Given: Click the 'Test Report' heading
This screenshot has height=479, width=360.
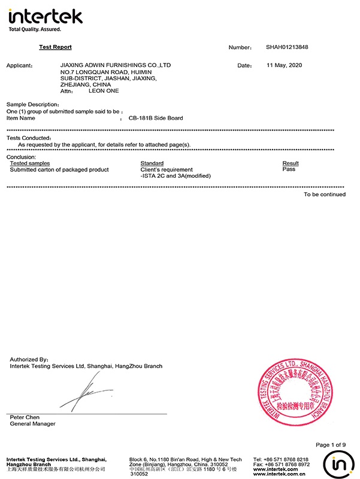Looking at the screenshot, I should (55, 47).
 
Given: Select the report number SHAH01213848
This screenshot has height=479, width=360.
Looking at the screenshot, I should (287, 47).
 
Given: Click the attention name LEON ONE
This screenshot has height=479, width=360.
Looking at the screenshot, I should (104, 91).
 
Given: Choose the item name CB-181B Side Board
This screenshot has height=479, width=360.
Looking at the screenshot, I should (156, 118).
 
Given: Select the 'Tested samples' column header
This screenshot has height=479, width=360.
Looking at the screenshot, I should (30, 163).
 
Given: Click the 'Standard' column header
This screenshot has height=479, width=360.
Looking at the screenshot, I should (152, 163).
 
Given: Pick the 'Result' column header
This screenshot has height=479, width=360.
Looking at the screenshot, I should (291, 163).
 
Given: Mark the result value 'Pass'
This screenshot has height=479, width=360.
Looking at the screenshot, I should (289, 169).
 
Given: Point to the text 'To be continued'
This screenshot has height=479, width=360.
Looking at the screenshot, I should (324, 194).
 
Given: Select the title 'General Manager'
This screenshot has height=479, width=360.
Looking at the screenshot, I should (32, 424).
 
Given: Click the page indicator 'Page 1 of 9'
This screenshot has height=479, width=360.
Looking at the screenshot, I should (330, 444).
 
